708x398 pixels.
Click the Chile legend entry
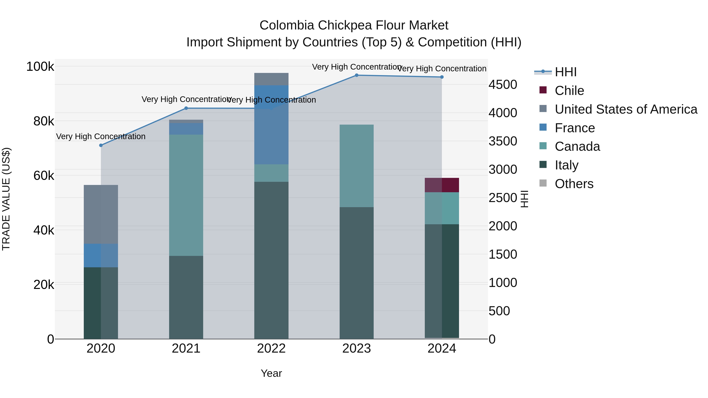pyautogui.click(x=569, y=91)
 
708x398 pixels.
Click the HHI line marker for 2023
pyautogui.click(x=357, y=75)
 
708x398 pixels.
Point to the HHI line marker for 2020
pyautogui.click(x=101, y=145)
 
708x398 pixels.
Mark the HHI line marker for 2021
pyautogui.click(x=186, y=108)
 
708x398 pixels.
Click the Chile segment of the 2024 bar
pyautogui.click(x=442, y=185)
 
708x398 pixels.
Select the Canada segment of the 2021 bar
pyautogui.click(x=186, y=195)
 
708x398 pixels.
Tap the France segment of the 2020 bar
pyautogui.click(x=101, y=256)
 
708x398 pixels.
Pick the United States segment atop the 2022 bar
pyautogui.click(x=271, y=79)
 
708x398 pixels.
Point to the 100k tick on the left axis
pyautogui.click(x=40, y=67)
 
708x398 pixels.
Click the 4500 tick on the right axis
pyautogui.click(x=503, y=85)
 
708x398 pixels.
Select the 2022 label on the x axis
pyautogui.click(x=271, y=348)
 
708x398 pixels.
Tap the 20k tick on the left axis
pyautogui.click(x=44, y=285)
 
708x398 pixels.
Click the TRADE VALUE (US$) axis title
pyautogui.click(x=6, y=199)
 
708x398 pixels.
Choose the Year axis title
pyautogui.click(x=271, y=373)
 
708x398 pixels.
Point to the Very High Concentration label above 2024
pyautogui.click(x=442, y=69)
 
